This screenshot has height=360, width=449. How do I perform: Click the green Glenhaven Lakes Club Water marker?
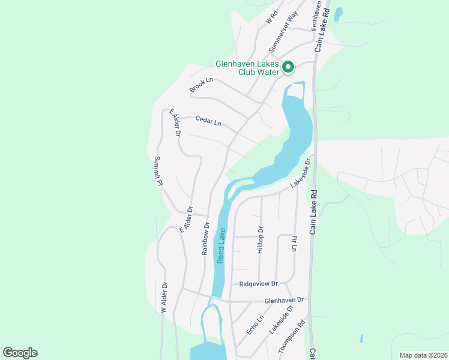288,67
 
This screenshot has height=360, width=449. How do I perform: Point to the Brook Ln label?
201,85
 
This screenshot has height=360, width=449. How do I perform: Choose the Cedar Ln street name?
208,121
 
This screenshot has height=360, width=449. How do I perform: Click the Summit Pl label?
158,171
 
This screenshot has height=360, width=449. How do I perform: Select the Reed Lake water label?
221,245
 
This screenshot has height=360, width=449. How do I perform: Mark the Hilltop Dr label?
261,239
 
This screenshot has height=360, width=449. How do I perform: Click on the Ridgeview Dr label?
259,283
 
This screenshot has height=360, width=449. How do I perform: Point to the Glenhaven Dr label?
285,299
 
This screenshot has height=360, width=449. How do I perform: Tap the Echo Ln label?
255,326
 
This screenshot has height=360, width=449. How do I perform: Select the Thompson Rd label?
291,340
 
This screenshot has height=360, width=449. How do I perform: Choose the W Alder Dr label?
163,298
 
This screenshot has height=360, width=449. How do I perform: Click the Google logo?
20,353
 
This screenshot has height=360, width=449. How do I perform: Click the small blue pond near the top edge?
338,13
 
